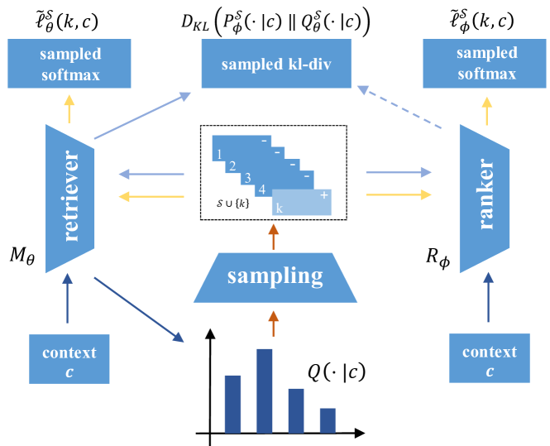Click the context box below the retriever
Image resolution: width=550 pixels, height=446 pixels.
click(x=69, y=358)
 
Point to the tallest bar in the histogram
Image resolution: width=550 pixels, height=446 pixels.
click(x=265, y=390)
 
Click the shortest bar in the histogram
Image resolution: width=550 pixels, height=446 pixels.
click(x=328, y=419)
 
